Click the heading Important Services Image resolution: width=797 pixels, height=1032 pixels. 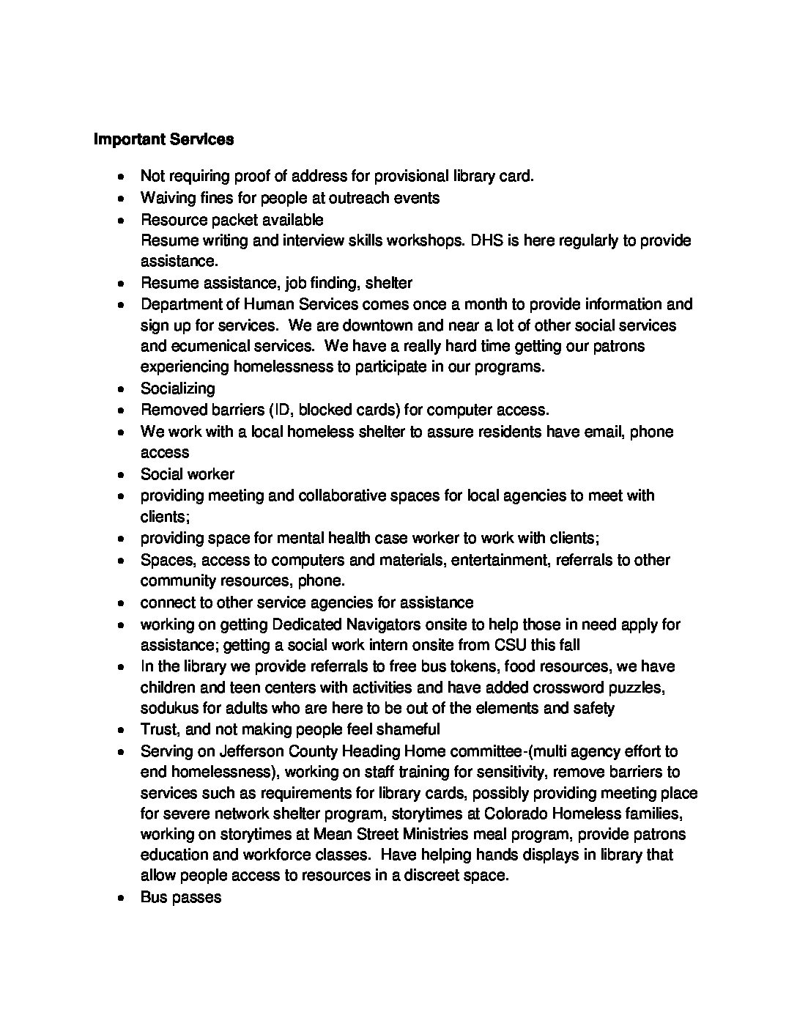pyautogui.click(x=164, y=139)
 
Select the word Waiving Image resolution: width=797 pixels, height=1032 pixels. pyautogui.click(x=167, y=198)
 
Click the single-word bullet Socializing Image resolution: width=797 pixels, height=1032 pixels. pyautogui.click(x=178, y=388)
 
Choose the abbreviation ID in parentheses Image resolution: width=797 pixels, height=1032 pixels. pyautogui.click(x=282, y=410)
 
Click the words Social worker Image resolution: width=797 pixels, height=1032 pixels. pyautogui.click(x=188, y=474)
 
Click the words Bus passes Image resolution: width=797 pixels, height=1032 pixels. pyautogui.click(x=181, y=897)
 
